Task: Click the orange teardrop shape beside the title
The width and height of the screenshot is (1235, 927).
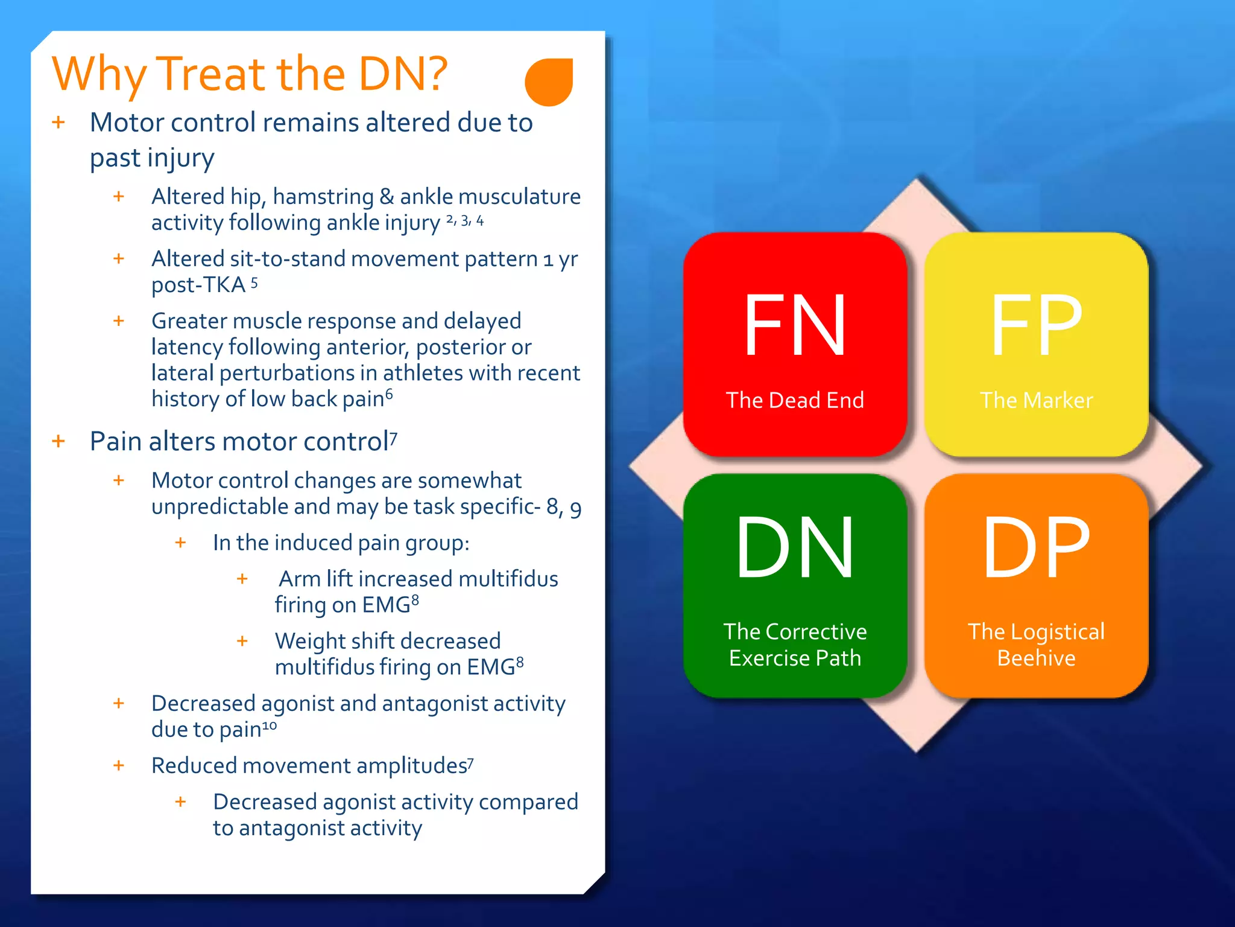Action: pyautogui.click(x=548, y=82)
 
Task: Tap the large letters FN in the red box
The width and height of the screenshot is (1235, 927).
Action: pyautogui.click(x=794, y=326)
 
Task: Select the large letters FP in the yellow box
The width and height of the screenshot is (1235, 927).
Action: pyautogui.click(x=1036, y=326)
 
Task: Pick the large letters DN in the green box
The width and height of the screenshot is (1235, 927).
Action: pyautogui.click(x=794, y=548)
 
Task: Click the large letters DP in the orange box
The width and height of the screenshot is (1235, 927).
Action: pyautogui.click(x=1036, y=548)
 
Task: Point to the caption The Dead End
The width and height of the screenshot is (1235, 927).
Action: pyautogui.click(x=794, y=400)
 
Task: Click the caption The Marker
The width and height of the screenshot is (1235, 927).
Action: pyautogui.click(x=1036, y=400)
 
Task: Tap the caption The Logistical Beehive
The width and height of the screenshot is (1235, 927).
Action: pyautogui.click(x=1036, y=645)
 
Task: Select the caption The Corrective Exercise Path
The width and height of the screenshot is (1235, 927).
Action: pyautogui.click(x=794, y=645)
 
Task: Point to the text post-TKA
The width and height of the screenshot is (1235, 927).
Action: pyautogui.click(x=198, y=285)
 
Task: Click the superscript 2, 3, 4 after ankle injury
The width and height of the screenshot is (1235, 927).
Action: pyautogui.click(x=464, y=221)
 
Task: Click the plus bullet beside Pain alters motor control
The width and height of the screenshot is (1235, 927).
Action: pyautogui.click(x=58, y=441)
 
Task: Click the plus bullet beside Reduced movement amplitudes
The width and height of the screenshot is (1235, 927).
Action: pyautogui.click(x=119, y=765)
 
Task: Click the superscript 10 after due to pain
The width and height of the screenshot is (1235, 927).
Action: pyautogui.click(x=270, y=725)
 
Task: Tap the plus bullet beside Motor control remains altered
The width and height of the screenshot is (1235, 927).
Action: pyautogui.click(x=58, y=123)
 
